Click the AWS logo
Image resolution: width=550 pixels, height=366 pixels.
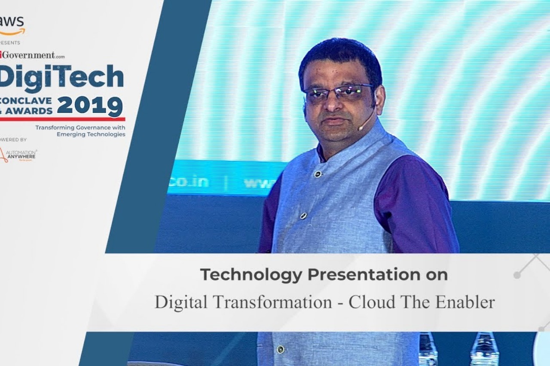click(x=12, y=25)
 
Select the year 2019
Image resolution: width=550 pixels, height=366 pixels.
click(x=90, y=106)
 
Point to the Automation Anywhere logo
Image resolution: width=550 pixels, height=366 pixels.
click(x=18, y=155)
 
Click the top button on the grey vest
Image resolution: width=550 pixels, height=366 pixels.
click(x=318, y=174)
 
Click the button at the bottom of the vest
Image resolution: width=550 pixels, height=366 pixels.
click(x=280, y=349)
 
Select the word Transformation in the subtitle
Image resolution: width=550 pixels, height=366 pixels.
click(x=272, y=302)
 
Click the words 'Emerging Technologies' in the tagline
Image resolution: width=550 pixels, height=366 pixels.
click(x=91, y=134)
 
